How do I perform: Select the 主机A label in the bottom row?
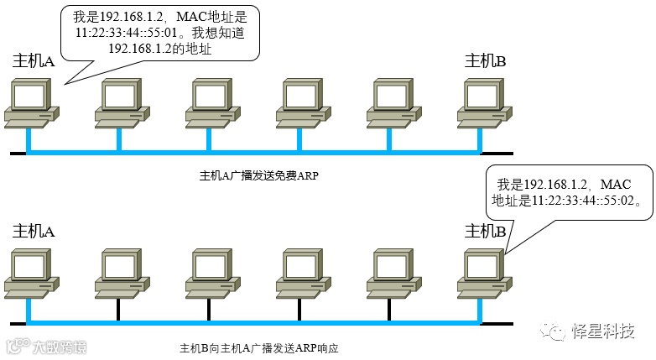coord(34,231)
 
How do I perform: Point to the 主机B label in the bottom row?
coord(486,231)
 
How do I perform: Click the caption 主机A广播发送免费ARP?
coord(259,176)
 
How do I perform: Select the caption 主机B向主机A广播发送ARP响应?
coord(258,347)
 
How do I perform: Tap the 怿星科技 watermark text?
coord(601,331)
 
